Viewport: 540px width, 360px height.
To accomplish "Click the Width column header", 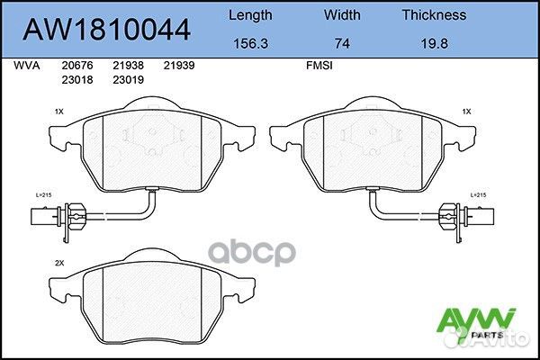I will click(x=342, y=15).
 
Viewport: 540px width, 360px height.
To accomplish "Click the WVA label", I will click(x=27, y=65).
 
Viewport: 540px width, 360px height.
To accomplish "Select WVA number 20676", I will click(x=75, y=65).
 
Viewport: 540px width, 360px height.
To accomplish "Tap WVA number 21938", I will click(x=128, y=65).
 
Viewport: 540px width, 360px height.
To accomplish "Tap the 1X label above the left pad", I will click(x=58, y=112).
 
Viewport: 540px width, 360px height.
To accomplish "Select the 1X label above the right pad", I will click(x=466, y=112).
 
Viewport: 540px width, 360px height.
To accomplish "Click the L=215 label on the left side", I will click(x=44, y=194).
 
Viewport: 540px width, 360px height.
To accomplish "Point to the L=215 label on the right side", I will click(x=479, y=194).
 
